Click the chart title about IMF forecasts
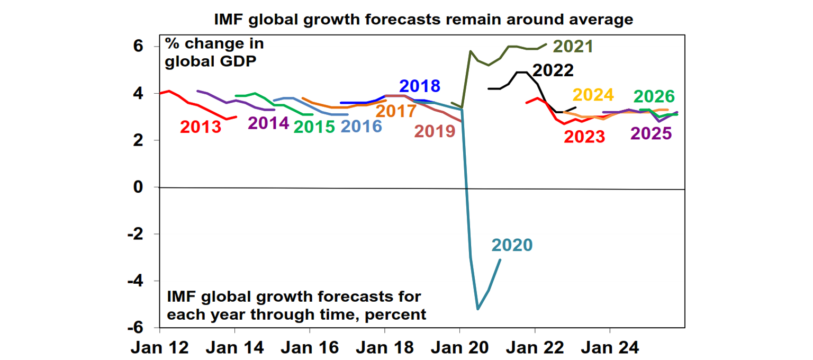pyautogui.click(x=423, y=20)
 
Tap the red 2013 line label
pyautogui.click(x=201, y=127)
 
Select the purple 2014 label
pyautogui.click(x=268, y=123)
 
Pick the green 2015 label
pyautogui.click(x=314, y=127)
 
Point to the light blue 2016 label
pyautogui.click(x=361, y=127)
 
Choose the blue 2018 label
pyautogui.click(x=420, y=86)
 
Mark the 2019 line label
pyautogui.click(x=435, y=131)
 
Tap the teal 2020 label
pyautogui.click(x=511, y=245)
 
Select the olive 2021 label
pyautogui.click(x=573, y=47)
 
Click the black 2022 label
pyautogui.click(x=554, y=70)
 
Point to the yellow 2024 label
pyautogui.click(x=593, y=95)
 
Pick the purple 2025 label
pyautogui.click(x=651, y=133)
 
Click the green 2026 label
pyautogui.click(x=655, y=96)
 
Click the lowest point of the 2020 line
pyautogui.click(x=478, y=309)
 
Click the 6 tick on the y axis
pyautogui.click(x=138, y=47)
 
